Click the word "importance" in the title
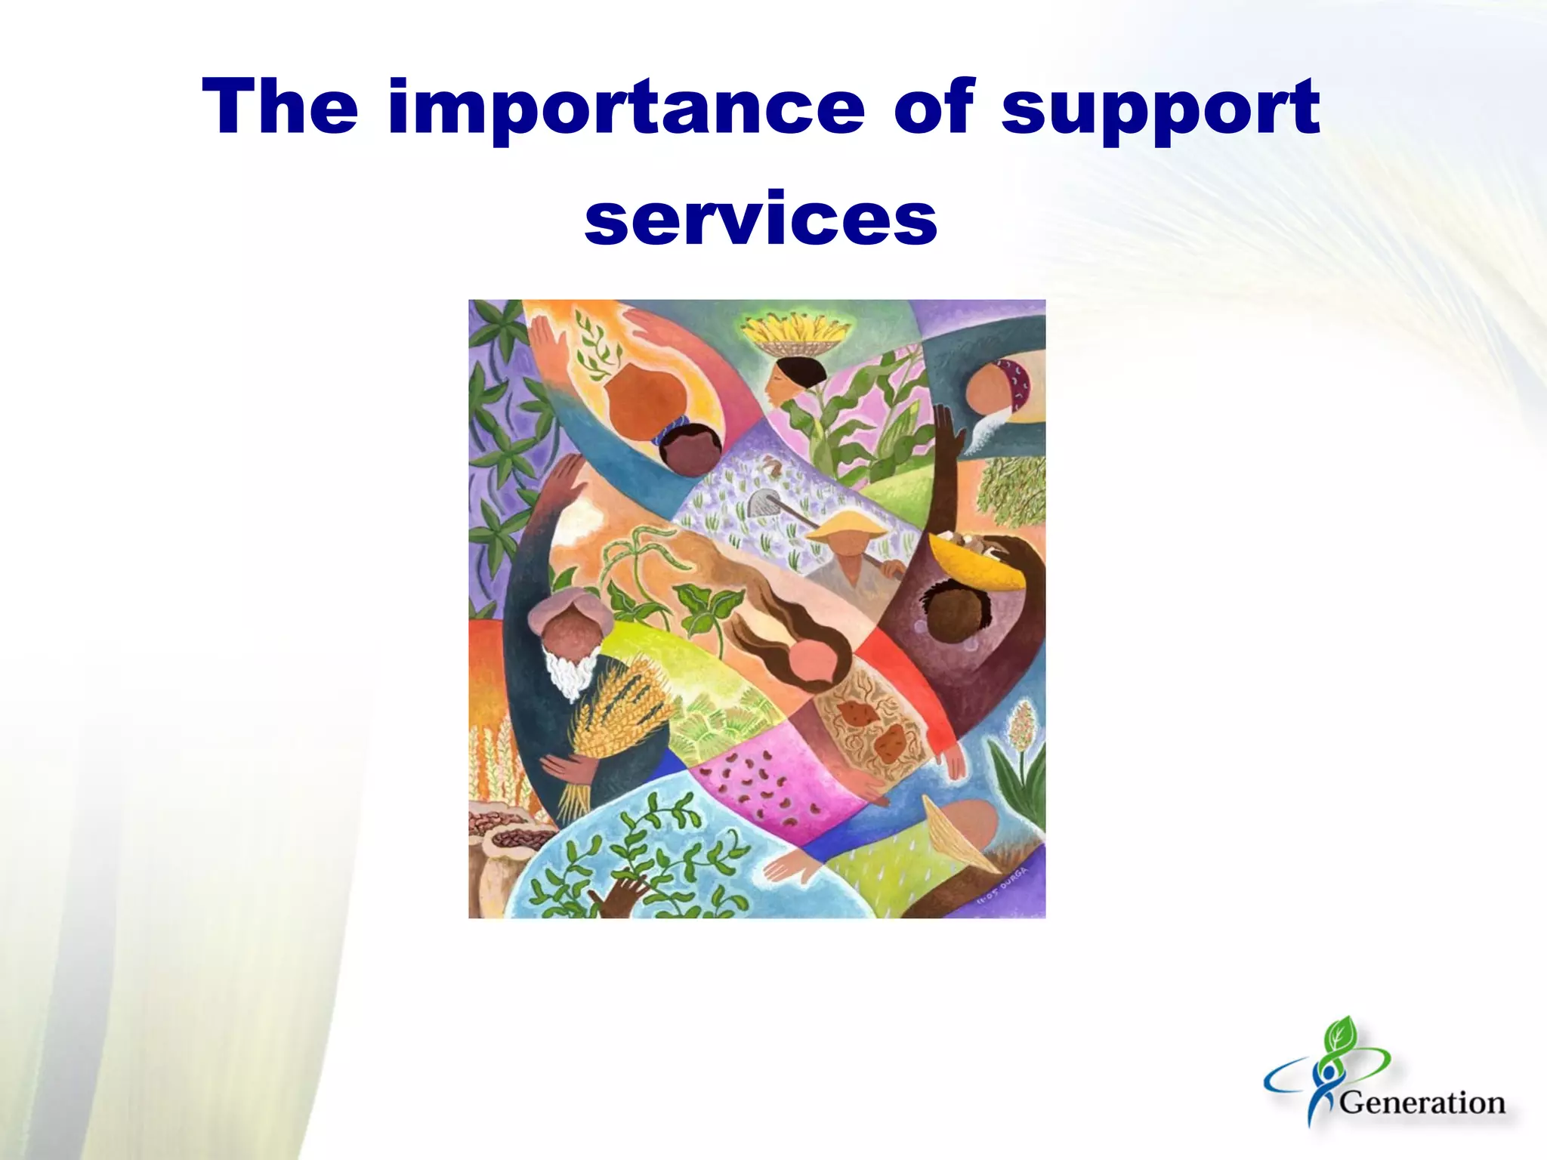pyautogui.click(x=626, y=107)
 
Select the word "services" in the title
pyautogui.click(x=761, y=218)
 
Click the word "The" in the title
pyautogui.click(x=280, y=107)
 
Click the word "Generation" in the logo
pyautogui.click(x=1422, y=1103)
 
